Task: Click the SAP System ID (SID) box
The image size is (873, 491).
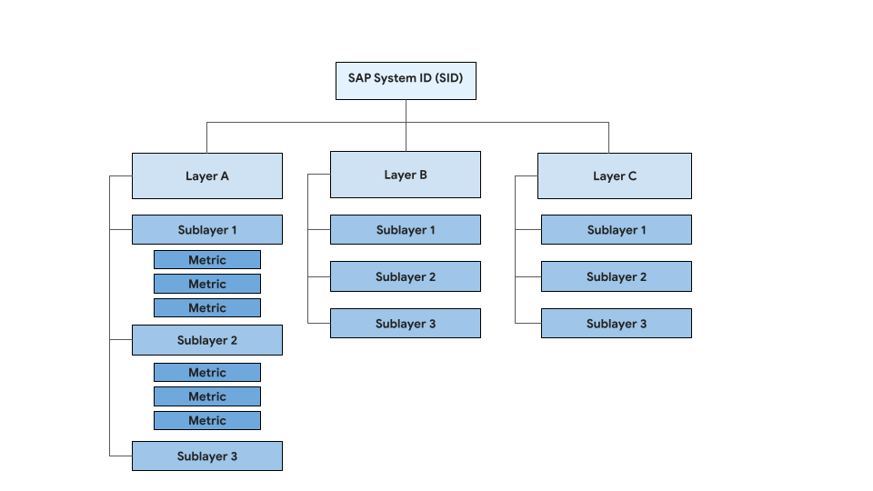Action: tap(406, 80)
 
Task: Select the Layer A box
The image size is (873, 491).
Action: tap(207, 175)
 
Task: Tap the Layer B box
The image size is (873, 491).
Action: tap(406, 175)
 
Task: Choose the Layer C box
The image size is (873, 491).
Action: tap(615, 175)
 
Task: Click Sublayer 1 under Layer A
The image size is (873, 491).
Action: tap(207, 230)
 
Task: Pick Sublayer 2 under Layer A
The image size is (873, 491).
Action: tap(207, 340)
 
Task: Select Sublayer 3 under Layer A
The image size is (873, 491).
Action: tap(207, 456)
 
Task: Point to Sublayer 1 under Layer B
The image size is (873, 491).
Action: tap(406, 230)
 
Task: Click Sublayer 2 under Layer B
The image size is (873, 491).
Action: tap(406, 276)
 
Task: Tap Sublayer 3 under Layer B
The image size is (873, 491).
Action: tap(406, 324)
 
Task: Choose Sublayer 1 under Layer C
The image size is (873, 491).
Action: tap(617, 230)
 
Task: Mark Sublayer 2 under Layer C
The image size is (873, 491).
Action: tap(617, 276)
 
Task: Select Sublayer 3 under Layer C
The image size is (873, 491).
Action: tap(617, 324)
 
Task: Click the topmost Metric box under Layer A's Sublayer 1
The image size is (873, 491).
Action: tap(207, 260)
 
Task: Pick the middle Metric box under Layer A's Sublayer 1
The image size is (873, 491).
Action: tap(207, 284)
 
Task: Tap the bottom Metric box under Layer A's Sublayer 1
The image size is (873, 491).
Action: tap(207, 308)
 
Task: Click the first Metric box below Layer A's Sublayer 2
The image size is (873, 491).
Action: tap(207, 373)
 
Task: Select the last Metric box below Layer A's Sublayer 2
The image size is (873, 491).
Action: tap(207, 420)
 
